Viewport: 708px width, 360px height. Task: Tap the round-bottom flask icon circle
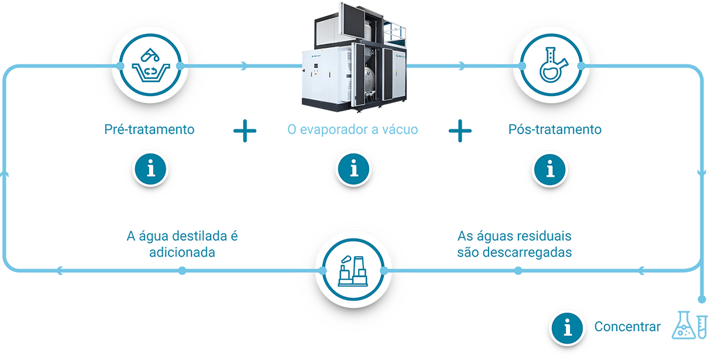tap(549, 64)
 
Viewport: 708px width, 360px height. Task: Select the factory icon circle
tap(352, 270)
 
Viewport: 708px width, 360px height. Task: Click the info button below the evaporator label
tap(352, 169)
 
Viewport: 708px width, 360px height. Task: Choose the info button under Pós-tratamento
tap(549, 169)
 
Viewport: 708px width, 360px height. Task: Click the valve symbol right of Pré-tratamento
tap(244, 130)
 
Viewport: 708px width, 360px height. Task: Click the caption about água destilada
tap(182, 246)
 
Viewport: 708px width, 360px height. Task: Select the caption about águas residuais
tap(514, 246)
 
